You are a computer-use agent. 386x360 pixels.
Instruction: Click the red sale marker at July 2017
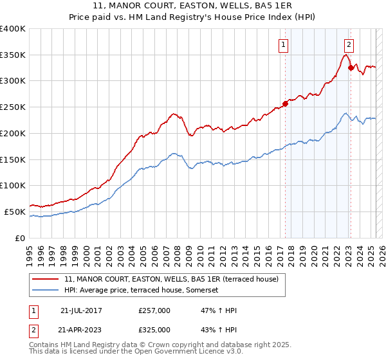[285, 104]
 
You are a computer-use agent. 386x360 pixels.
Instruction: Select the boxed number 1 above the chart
[284, 44]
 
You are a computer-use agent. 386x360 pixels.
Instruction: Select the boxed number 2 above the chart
[349, 44]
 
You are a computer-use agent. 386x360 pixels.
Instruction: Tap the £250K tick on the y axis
[13, 107]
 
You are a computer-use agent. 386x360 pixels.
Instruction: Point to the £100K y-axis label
[13, 186]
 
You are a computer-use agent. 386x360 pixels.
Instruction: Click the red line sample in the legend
[46, 280]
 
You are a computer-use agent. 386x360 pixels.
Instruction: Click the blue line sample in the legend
[46, 291]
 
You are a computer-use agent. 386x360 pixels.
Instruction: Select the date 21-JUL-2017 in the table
[80, 310]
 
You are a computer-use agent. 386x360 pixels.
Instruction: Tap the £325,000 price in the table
[154, 329]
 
